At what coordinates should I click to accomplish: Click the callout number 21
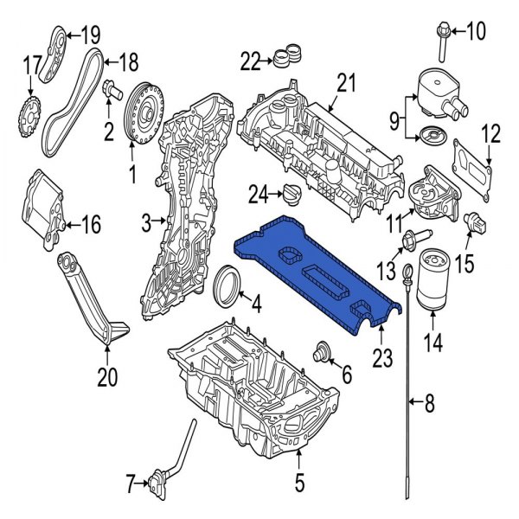[x=346, y=83]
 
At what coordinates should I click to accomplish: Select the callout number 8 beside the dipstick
[x=430, y=400]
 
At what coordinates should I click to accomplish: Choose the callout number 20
[x=106, y=376]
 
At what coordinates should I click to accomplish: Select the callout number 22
[x=249, y=61]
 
